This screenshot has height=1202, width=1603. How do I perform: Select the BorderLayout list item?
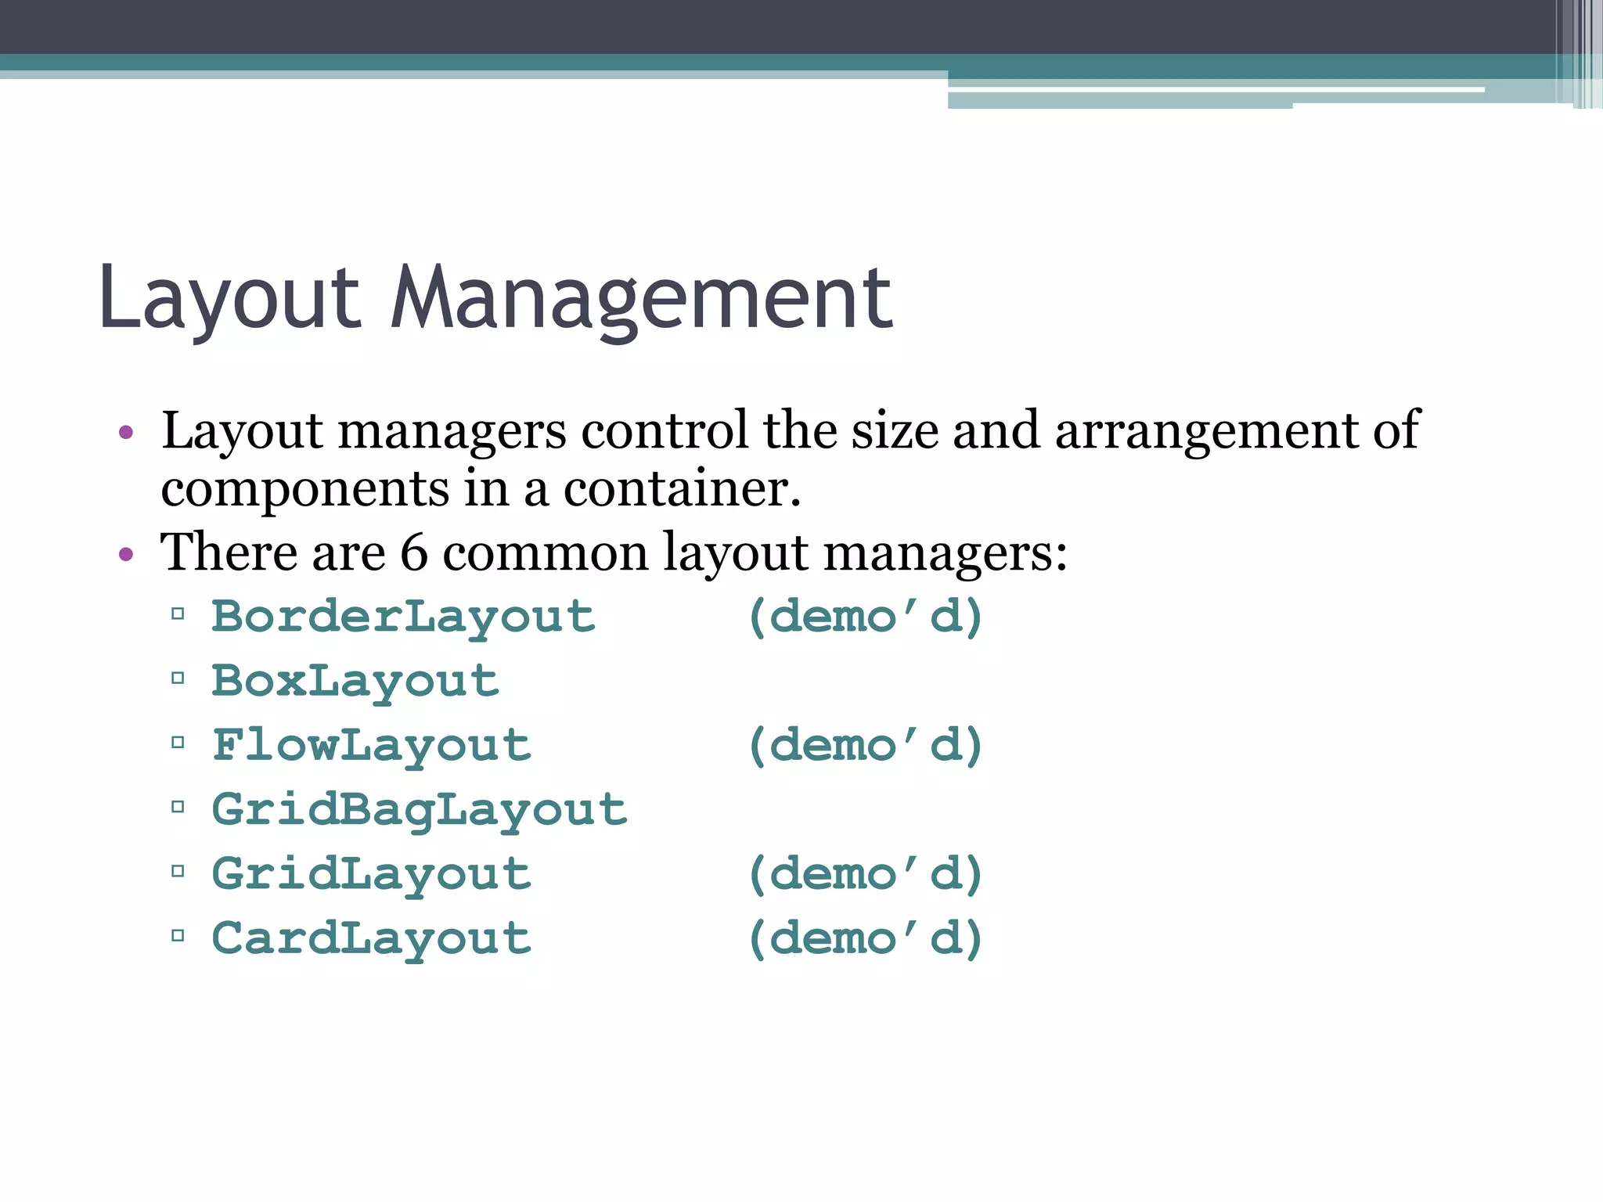[403, 617]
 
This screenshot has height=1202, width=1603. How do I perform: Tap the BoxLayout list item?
[355, 681]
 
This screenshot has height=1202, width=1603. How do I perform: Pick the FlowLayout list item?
[372, 745]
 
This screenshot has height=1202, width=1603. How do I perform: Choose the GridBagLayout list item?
[420, 809]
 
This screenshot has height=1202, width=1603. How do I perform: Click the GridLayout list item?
[372, 873]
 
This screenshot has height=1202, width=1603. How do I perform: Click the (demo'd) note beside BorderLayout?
[865, 617]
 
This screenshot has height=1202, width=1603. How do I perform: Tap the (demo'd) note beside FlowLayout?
[865, 745]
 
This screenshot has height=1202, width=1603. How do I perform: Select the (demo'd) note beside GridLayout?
[865, 873]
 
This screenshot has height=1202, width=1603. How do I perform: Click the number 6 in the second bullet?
[414, 552]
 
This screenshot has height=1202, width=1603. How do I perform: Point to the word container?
[682, 490]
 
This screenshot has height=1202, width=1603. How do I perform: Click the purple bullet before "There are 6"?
[126, 555]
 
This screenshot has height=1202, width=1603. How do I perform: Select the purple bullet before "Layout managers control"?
[126, 433]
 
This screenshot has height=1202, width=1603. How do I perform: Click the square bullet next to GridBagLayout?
[178, 806]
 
